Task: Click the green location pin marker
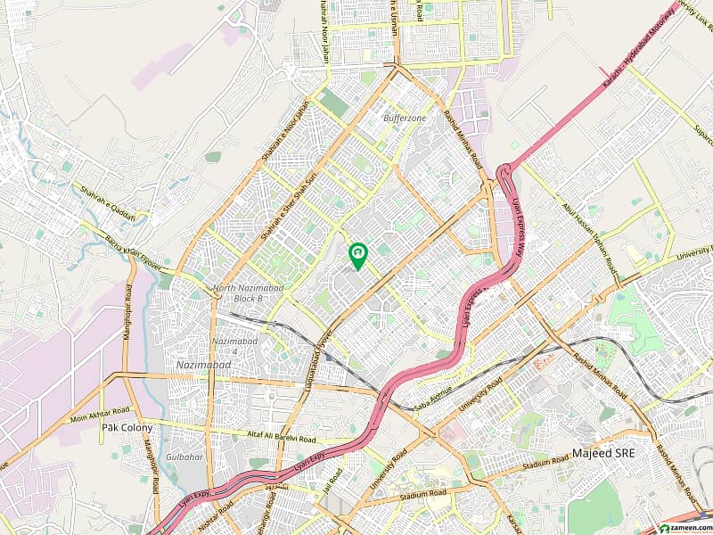pos(357,255)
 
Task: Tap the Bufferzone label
pos(405,118)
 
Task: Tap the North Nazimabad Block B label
pos(238,293)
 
